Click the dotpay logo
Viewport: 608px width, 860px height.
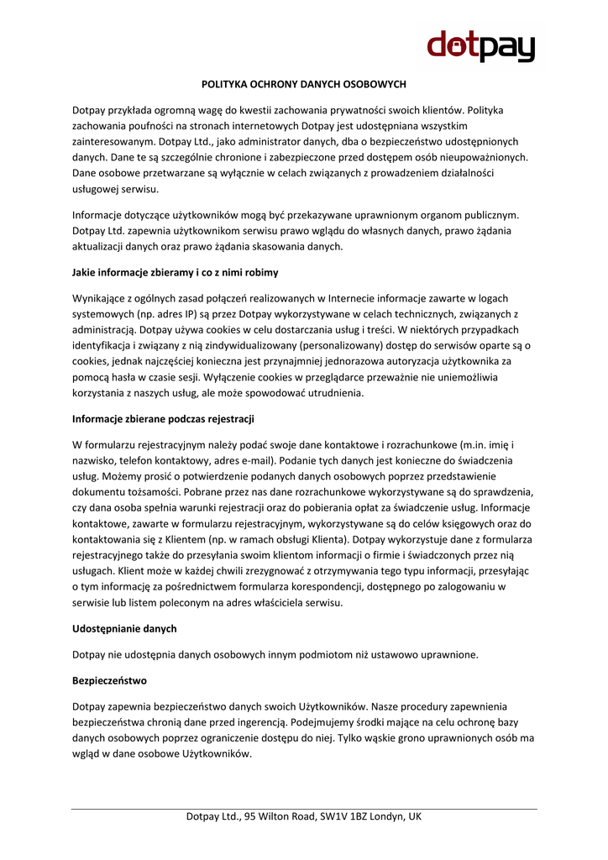[481, 45]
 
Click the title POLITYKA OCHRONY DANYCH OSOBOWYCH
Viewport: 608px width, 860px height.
[304, 85]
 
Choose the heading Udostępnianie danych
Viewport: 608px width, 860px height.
[124, 628]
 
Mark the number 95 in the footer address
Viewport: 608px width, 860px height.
[250, 816]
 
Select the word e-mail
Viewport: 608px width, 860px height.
[253, 460]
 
